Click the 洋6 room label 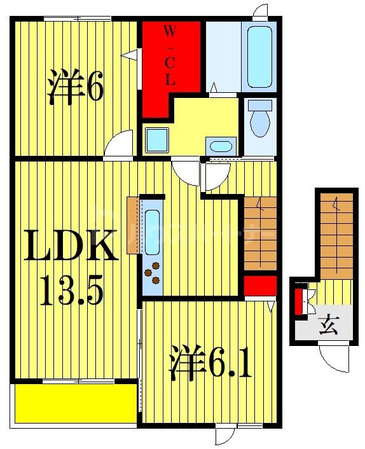pos(74,90)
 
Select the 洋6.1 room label pos(210,363)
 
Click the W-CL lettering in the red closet pos(170,57)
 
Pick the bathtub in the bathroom pos(259,57)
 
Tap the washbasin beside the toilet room pos(221,145)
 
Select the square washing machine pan pos(156,140)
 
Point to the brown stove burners pos(153,275)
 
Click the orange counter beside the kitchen pos(132,226)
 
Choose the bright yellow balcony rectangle pos(75,403)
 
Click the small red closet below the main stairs pos(260,286)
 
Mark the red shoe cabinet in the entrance pos(298,301)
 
